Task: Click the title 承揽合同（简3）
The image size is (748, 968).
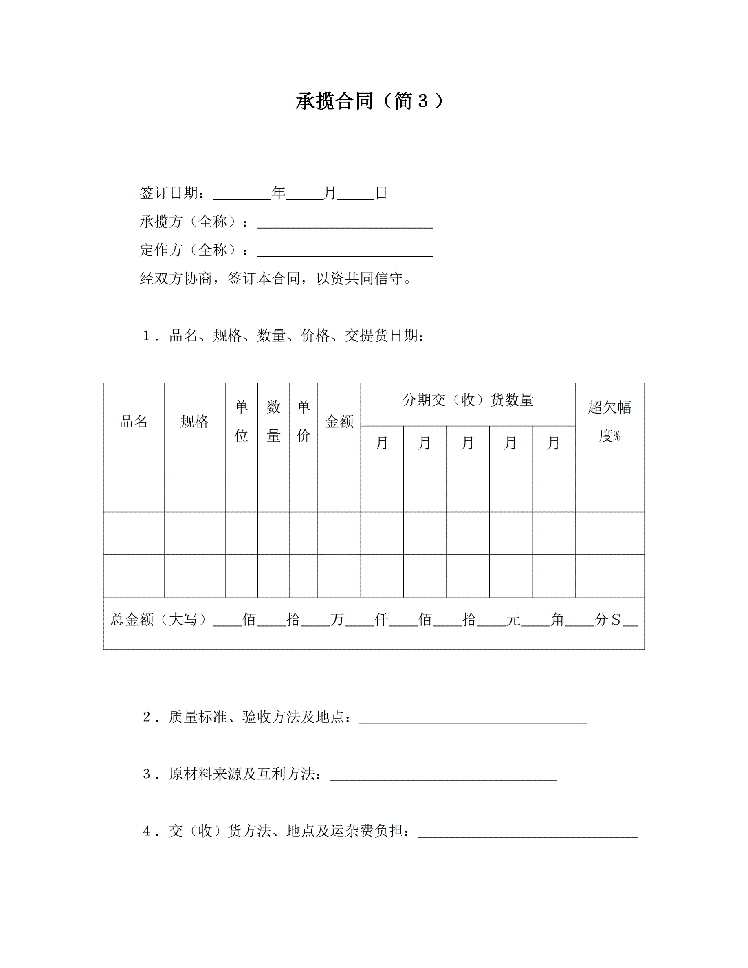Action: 369,101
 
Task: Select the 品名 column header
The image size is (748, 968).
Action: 133,422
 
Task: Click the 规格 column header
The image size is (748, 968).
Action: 194,422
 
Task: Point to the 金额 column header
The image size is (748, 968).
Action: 339,422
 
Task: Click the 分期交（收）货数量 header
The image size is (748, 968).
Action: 468,400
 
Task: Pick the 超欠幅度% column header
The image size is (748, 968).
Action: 609,422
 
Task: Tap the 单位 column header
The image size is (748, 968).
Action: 241,422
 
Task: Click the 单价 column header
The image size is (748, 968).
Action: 304,422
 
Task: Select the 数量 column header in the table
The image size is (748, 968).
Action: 273,422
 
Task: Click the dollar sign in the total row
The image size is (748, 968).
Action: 616,620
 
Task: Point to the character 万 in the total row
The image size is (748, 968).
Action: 337,620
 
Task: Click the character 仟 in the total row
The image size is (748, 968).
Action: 381,620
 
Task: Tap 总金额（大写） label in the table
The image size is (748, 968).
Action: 158,620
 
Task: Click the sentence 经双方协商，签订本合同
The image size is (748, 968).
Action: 276,279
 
